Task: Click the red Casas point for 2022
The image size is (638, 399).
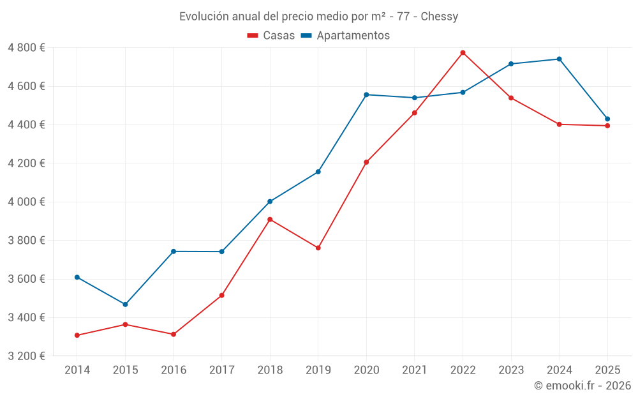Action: (x=463, y=52)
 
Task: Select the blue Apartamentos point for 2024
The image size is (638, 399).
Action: (x=559, y=59)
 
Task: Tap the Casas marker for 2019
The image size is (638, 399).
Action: (x=318, y=248)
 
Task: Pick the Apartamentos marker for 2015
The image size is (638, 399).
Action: (x=125, y=305)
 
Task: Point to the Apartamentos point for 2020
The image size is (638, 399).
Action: (x=366, y=94)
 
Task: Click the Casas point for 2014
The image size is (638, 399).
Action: (x=77, y=335)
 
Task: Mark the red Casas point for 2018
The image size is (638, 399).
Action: (x=270, y=220)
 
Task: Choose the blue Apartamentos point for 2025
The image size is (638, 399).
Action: (x=607, y=119)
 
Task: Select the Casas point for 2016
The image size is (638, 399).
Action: (x=174, y=335)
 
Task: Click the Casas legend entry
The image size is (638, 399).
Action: (x=271, y=36)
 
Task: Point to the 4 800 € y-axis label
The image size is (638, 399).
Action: (x=26, y=48)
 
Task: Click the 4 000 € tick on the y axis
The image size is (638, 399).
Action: (x=26, y=202)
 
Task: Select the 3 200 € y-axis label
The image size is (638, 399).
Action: (x=26, y=356)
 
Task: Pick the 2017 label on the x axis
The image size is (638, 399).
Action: (x=221, y=370)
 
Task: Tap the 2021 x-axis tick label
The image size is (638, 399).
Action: (x=415, y=370)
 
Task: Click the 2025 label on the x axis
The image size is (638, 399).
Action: (x=607, y=370)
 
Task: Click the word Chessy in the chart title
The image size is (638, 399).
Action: (x=439, y=17)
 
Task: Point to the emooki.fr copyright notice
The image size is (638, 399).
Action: (x=582, y=386)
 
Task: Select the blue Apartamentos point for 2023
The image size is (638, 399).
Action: (x=511, y=64)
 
